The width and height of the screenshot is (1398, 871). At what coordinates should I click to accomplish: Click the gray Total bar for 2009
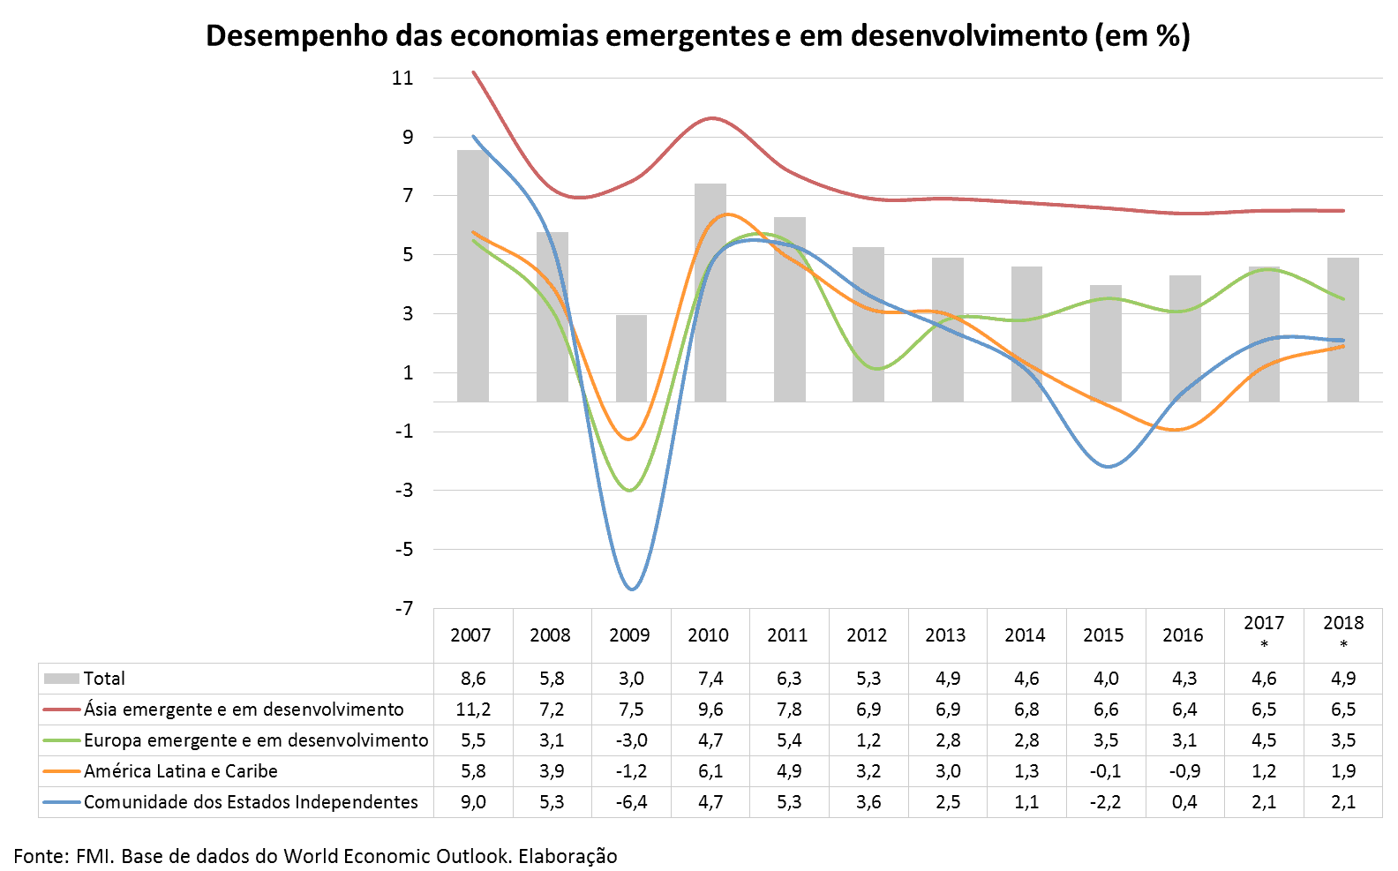pos(631,358)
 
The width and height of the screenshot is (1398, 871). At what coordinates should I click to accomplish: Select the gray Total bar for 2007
pos(473,276)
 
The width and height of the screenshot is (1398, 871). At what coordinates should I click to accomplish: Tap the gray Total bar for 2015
pos(1105,343)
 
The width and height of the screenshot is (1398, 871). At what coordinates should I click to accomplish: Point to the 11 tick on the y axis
pos(403,78)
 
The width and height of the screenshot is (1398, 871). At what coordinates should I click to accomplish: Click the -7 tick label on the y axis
pos(404,608)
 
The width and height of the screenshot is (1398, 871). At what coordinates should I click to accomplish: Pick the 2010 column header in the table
pos(709,635)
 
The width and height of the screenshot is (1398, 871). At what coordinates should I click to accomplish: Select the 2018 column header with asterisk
pos(1343,632)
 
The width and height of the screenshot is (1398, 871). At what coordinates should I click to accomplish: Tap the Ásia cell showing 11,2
pos(473,710)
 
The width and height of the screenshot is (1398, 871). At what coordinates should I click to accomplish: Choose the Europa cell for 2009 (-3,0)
pos(631,740)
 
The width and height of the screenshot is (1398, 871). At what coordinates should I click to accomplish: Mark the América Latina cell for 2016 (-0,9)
pos(1184,771)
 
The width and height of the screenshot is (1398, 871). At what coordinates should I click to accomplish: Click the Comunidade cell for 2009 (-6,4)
pos(631,802)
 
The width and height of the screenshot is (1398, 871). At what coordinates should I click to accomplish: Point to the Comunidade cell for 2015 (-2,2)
pos(1105,802)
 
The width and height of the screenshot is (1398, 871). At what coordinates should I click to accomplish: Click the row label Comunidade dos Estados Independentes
pos(251,802)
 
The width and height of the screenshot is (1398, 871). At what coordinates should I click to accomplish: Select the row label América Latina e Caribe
pos(180,771)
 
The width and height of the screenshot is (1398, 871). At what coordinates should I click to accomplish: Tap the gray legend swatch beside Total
pos(61,679)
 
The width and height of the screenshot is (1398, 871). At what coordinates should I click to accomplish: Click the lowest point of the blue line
pos(632,589)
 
